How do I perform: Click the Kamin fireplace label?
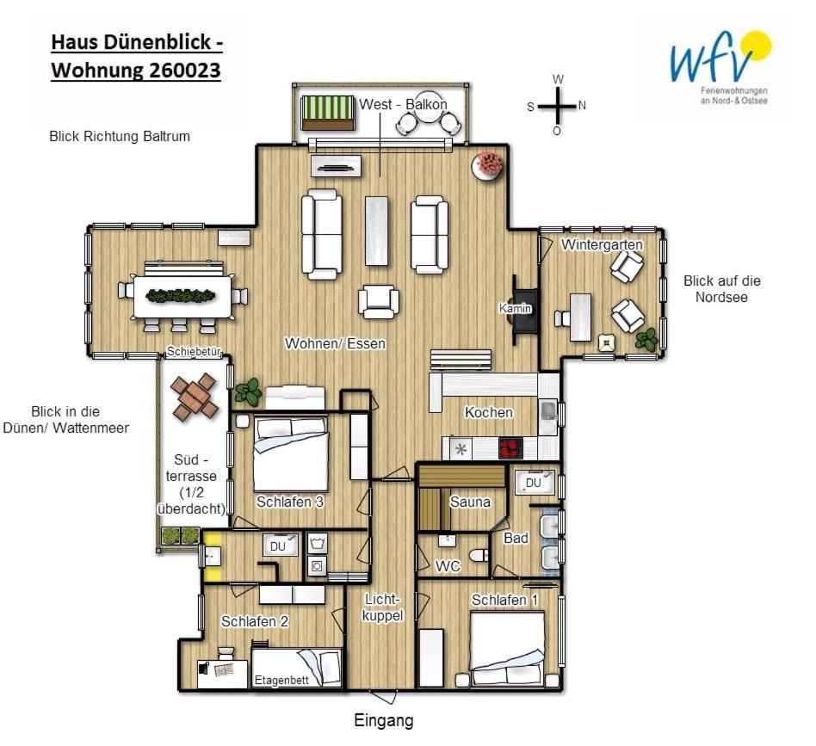(516, 309)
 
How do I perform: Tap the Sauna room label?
(470, 502)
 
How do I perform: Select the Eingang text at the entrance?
(384, 720)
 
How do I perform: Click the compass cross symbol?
(558, 106)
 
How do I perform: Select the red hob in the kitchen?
(510, 448)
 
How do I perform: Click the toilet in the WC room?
(479, 556)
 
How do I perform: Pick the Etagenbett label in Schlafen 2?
(281, 680)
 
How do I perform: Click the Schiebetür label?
(195, 352)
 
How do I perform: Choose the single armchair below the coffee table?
(379, 301)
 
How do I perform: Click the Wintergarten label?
(602, 244)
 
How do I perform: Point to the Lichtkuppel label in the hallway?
(382, 607)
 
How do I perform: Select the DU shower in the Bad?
(535, 483)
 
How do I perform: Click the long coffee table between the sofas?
(377, 231)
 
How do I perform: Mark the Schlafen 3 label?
(290, 502)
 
